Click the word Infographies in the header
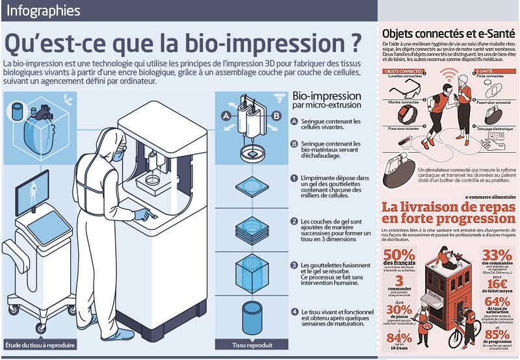[x=44, y=11]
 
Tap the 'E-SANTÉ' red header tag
[x=484, y=70]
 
